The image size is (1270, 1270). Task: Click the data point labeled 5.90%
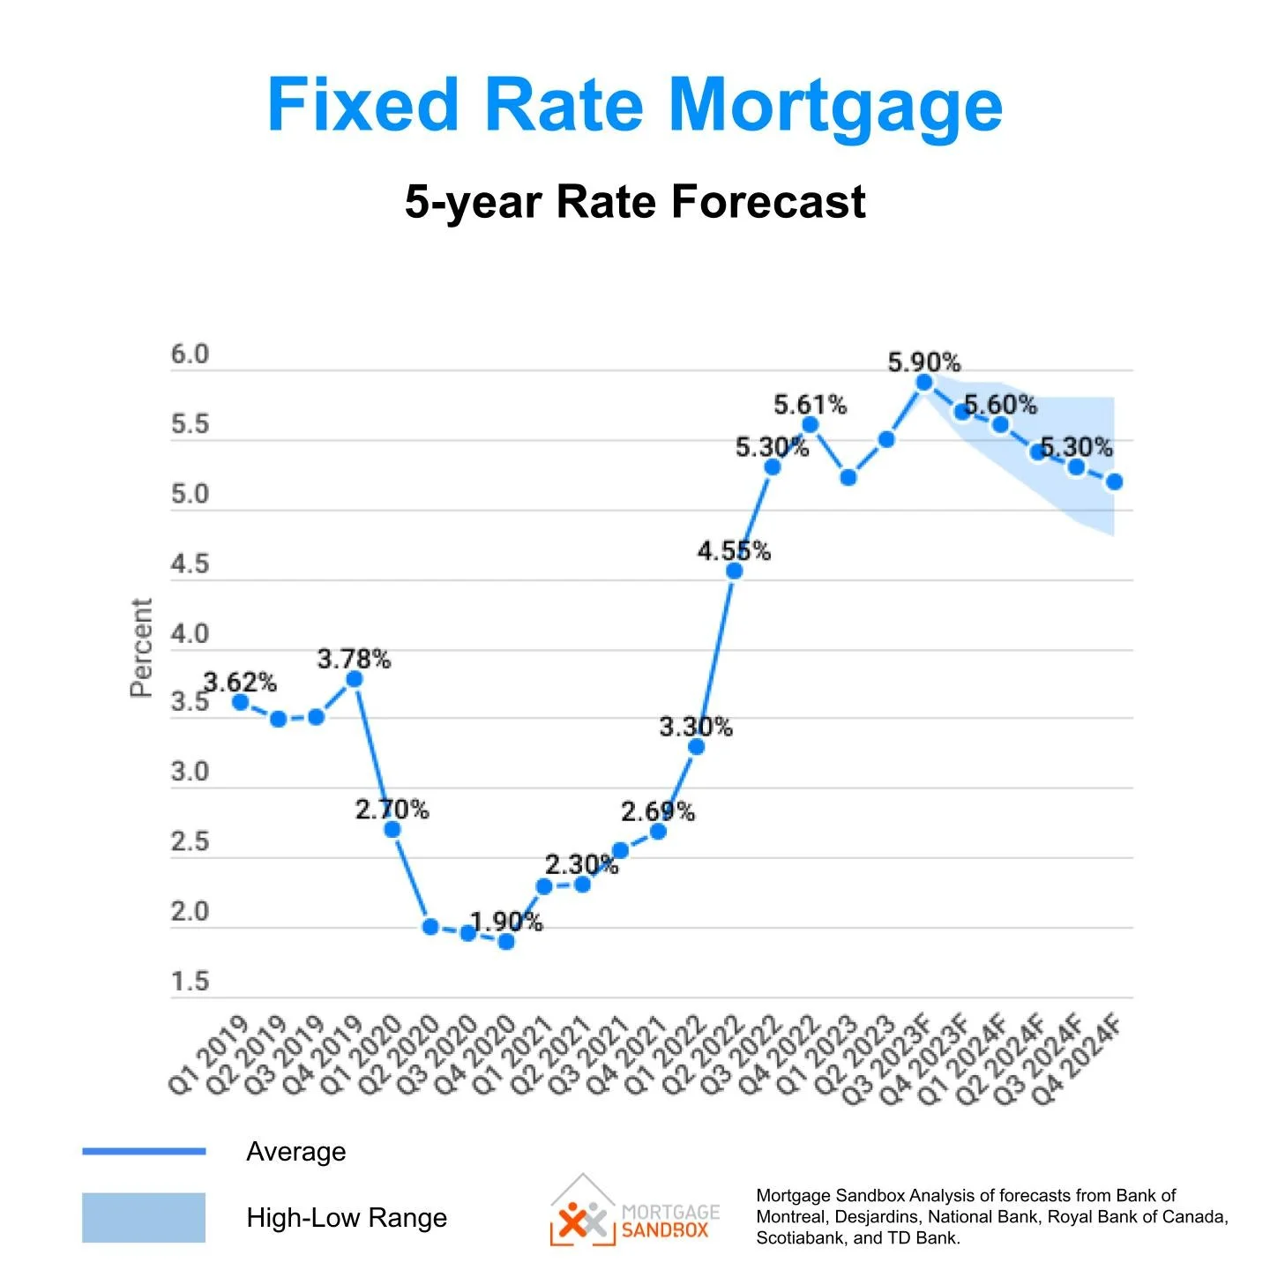(923, 382)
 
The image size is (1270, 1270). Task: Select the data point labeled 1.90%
(506, 941)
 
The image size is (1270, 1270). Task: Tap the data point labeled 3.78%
(354, 678)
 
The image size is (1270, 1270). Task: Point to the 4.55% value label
(734, 551)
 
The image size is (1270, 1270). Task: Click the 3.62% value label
(240, 682)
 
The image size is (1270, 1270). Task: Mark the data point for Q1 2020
(392, 829)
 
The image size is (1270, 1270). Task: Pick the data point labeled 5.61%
(810, 425)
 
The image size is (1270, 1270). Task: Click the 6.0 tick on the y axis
(190, 355)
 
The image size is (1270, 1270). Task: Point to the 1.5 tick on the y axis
(190, 982)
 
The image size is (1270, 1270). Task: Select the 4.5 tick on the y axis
(190, 564)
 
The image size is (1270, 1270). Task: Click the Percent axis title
(141, 648)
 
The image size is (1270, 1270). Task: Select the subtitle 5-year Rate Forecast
(635, 201)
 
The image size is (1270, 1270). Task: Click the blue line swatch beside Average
(144, 1151)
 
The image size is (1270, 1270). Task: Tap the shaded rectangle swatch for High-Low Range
(144, 1217)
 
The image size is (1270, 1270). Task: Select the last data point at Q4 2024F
(1114, 482)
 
